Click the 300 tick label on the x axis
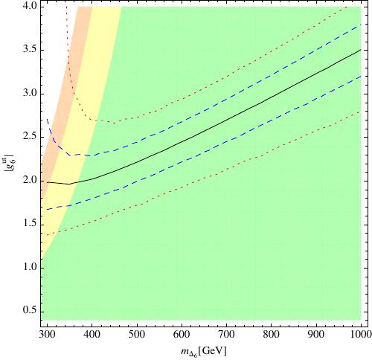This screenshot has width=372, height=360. tap(48, 335)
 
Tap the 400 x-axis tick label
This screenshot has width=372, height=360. tap(92, 335)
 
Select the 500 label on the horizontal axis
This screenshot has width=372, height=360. tap(137, 335)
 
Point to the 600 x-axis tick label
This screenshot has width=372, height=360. tap(182, 335)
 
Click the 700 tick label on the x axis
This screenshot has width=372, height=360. tap(226, 335)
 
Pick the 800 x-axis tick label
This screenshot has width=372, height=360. tap(272, 335)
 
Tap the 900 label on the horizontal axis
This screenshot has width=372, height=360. tap(316, 335)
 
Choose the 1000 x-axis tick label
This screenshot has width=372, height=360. tap(360, 335)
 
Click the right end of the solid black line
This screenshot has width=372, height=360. tap(361, 50)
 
